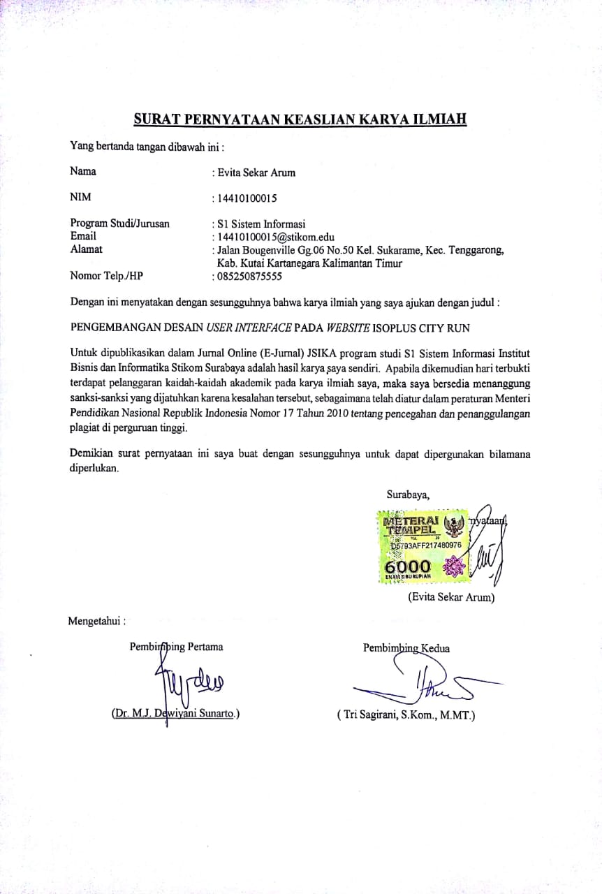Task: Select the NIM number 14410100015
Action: coord(248,198)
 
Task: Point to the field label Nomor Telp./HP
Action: coord(106,275)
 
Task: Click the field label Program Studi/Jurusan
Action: coord(119,223)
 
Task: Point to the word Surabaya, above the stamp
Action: coord(408,495)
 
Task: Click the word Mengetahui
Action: coord(96,620)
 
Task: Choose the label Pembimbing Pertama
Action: coord(176,647)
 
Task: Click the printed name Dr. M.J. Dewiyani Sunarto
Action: coord(175,714)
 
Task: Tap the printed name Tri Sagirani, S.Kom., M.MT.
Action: coord(405,715)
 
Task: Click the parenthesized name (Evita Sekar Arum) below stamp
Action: coord(451,598)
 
